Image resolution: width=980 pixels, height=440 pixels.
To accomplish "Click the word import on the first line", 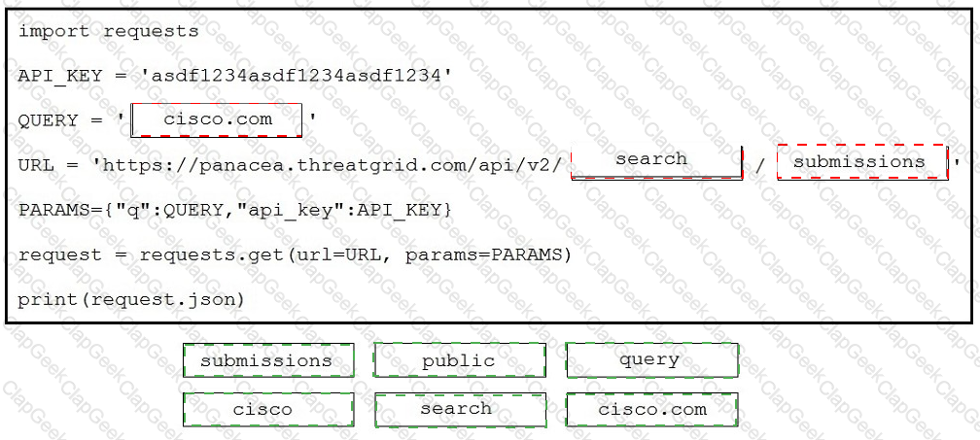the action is pos(53,31).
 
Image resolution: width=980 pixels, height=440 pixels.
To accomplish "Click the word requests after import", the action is pos(151,31).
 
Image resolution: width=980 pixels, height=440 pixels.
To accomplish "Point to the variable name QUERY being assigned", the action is pos(49,120).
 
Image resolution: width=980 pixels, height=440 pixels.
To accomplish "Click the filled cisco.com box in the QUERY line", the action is pos(216,119).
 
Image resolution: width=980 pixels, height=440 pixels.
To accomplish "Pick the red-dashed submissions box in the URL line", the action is pos(862,162).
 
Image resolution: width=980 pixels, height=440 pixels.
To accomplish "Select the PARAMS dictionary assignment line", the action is pos(234,211).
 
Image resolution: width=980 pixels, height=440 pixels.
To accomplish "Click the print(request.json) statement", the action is pos(131,300).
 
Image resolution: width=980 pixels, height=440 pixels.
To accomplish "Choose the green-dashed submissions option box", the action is pos(268,360).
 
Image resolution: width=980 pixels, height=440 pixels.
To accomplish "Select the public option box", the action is pos(459,360).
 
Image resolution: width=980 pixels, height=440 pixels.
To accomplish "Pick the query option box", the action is pos(651,360).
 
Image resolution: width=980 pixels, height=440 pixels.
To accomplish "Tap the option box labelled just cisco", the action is pos(268,410).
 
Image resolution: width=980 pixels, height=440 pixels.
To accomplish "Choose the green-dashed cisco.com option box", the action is pos(651,410).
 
